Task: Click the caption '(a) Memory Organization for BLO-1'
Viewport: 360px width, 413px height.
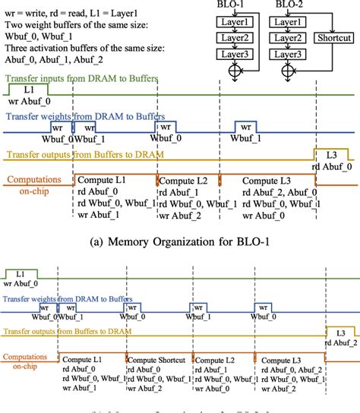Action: pos(181,243)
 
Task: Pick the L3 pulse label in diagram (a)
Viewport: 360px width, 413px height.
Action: pos(332,154)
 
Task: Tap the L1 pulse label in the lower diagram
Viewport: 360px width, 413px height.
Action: pos(20,271)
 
